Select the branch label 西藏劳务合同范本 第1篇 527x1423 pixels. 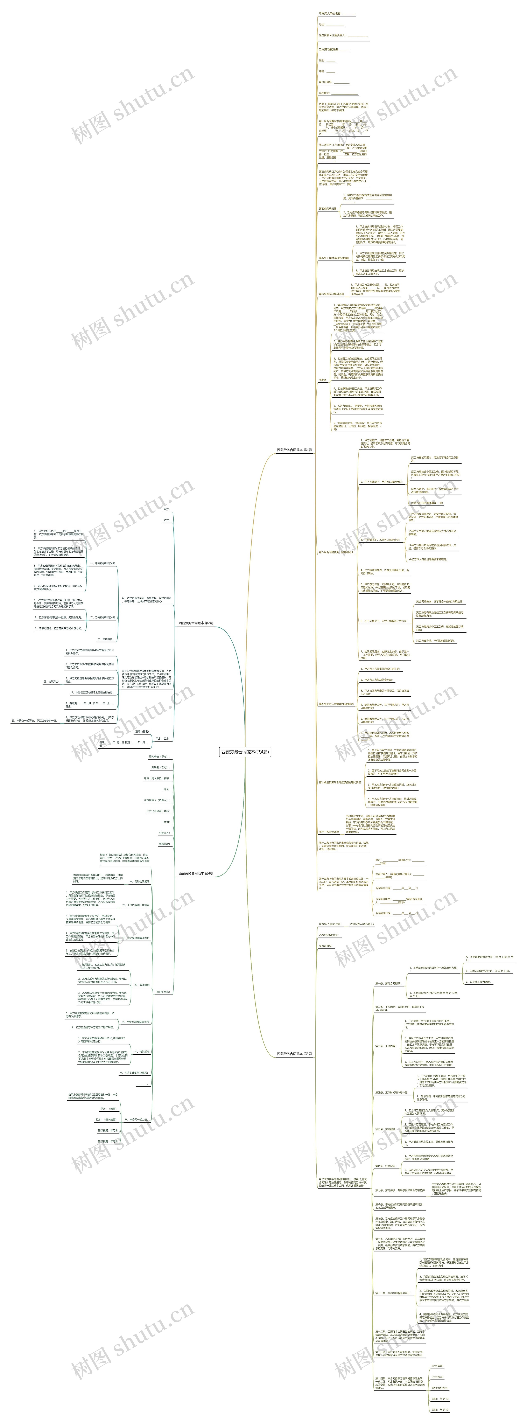[294, 450]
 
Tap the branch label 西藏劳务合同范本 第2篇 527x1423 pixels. [196, 623]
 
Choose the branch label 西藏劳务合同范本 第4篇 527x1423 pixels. [196, 873]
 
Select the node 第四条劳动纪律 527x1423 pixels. [327, 209]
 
